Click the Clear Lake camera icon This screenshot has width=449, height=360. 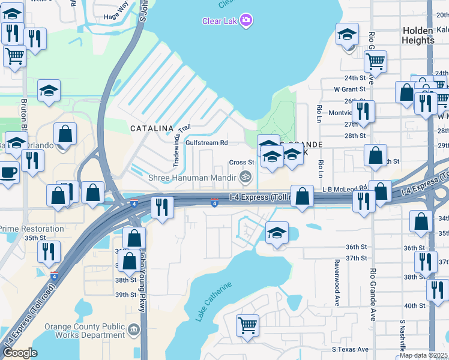246,21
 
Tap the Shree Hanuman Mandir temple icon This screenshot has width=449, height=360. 244,176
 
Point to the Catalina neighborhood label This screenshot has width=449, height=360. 152,128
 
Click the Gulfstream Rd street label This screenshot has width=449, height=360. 206,143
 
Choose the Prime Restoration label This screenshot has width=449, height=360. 31,229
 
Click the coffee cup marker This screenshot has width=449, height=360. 8,172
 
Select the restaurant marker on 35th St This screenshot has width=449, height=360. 49,251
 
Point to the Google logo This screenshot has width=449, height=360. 20,353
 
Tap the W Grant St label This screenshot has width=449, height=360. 350,89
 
